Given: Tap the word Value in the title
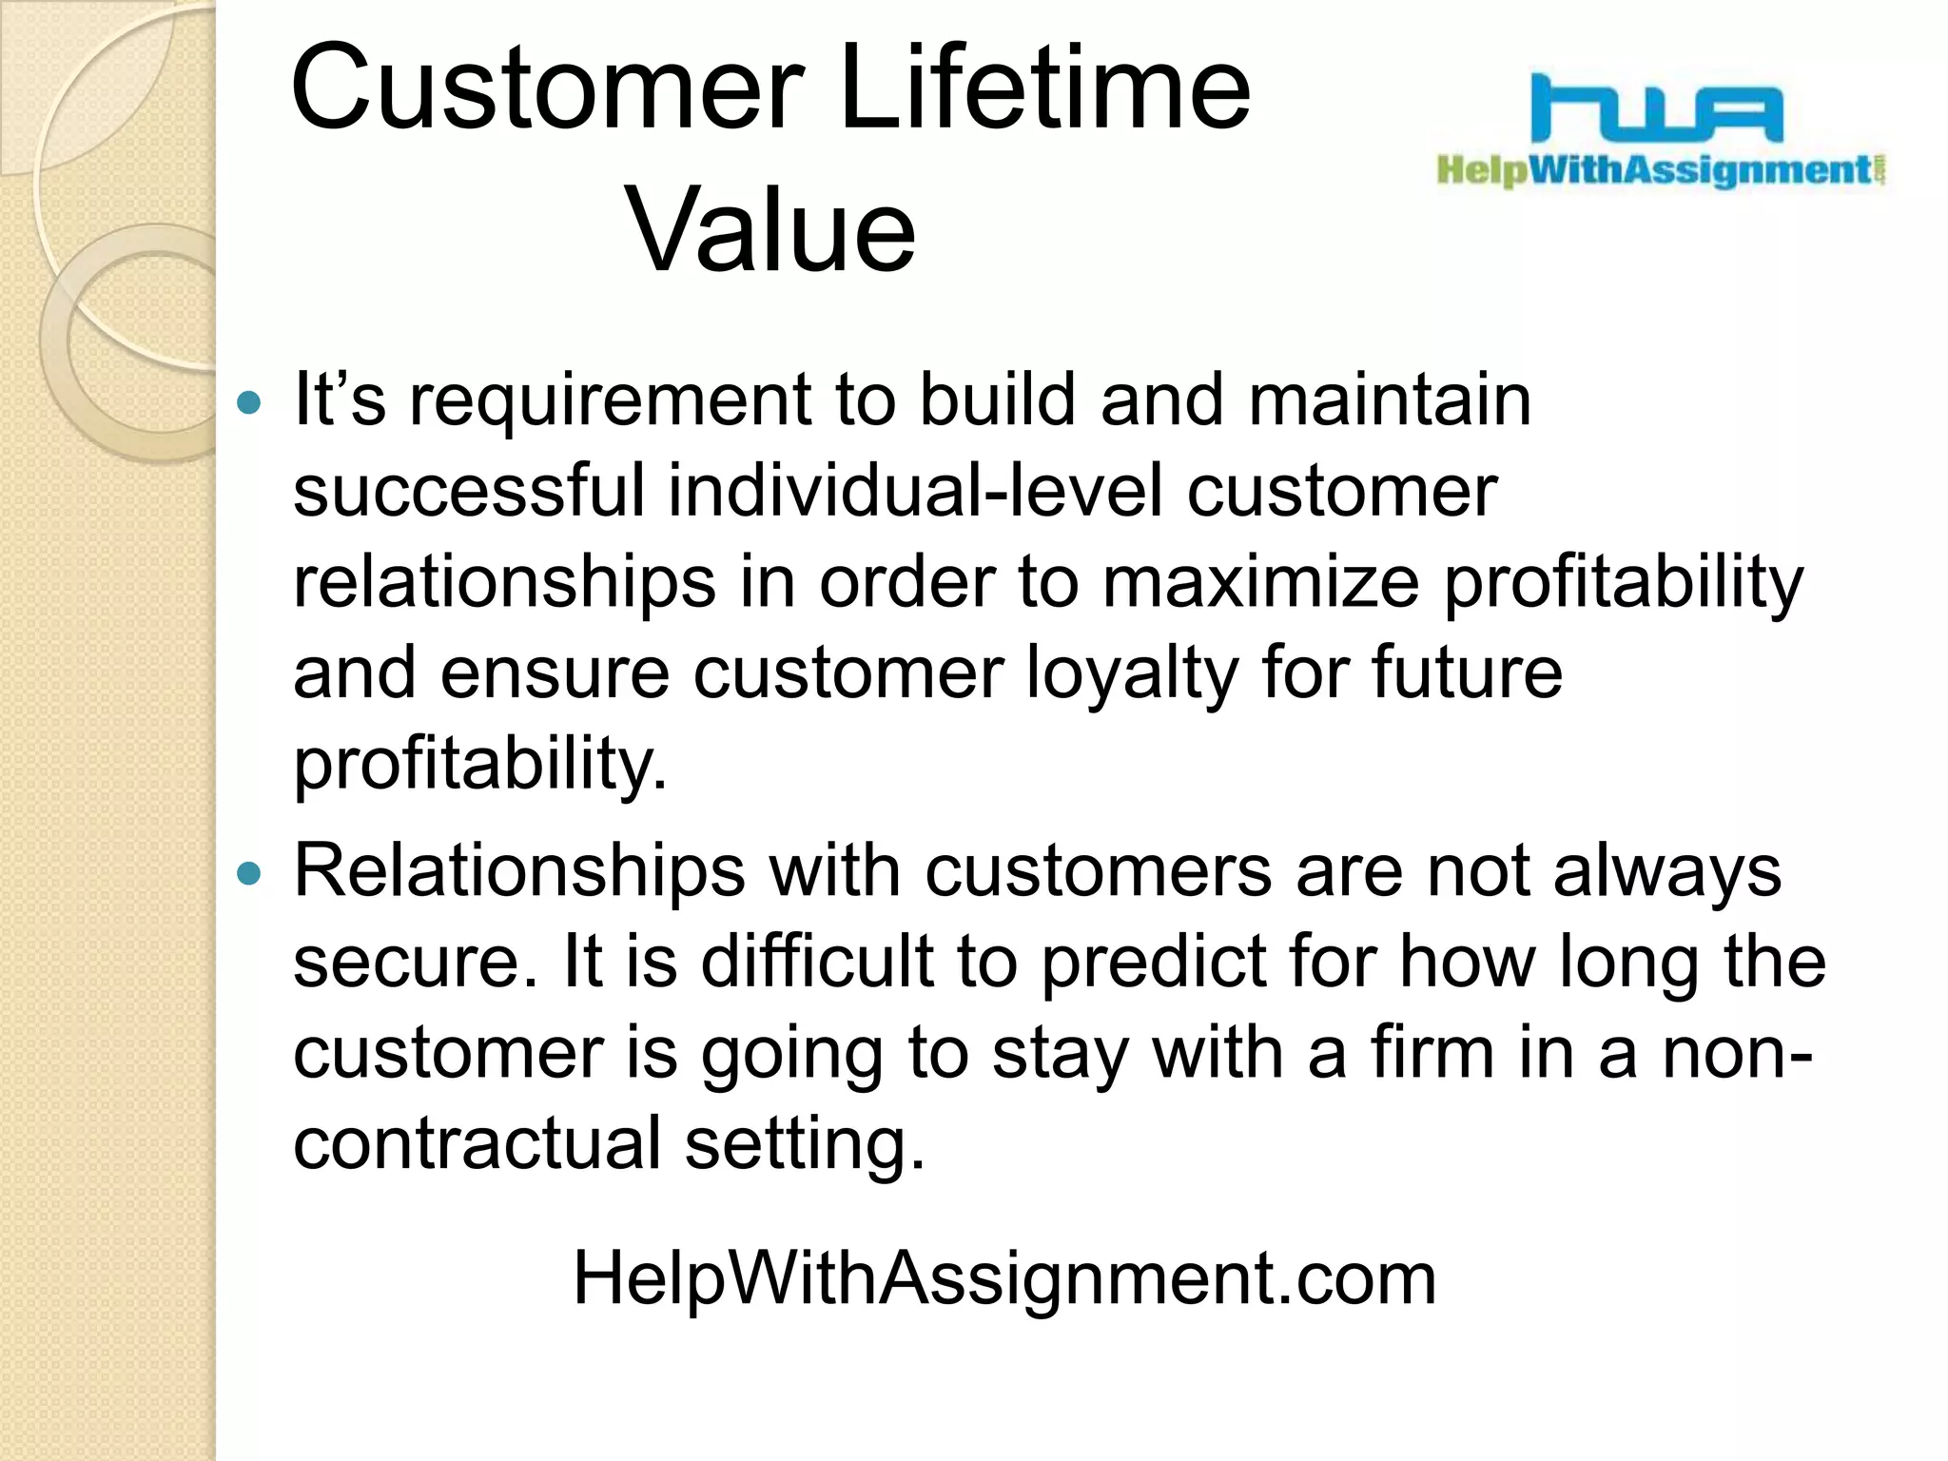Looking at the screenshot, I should coord(770,230).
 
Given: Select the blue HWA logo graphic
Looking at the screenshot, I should coord(1656,110).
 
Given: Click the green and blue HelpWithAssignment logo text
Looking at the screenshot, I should coord(1660,171).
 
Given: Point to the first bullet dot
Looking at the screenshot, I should coord(248,403).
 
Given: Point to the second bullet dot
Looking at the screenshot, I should coord(248,873).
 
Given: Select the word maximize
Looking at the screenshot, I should coord(1260,582).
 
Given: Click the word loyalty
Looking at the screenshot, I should coord(1132,673).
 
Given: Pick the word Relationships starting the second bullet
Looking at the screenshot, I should coord(518,871).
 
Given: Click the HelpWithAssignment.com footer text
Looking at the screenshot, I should coord(1004,1278).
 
